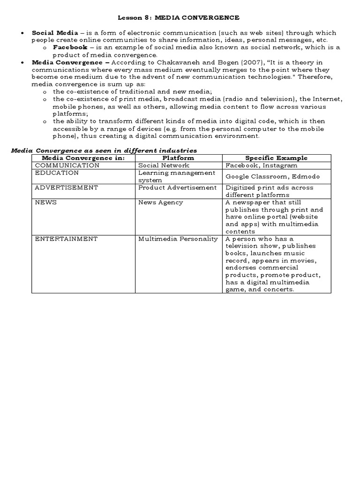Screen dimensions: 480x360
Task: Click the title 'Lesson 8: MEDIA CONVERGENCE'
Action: [178, 17]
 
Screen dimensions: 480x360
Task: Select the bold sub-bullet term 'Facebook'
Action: [69, 47]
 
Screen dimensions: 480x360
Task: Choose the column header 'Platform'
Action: [178, 158]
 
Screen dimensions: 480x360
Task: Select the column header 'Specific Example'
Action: [276, 158]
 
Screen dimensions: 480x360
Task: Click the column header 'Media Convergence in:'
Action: [83, 158]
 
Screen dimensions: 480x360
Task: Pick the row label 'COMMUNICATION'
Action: [67, 165]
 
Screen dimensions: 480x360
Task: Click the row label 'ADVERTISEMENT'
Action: [67, 187]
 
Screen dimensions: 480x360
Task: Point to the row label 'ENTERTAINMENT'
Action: [66, 239]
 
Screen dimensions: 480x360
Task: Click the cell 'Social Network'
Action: [164, 165]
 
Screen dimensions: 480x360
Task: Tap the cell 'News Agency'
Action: [160, 202]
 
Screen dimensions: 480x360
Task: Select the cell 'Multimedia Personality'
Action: [178, 239]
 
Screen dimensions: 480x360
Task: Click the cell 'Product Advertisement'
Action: [177, 187]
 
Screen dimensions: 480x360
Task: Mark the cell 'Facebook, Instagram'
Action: [261, 165]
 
